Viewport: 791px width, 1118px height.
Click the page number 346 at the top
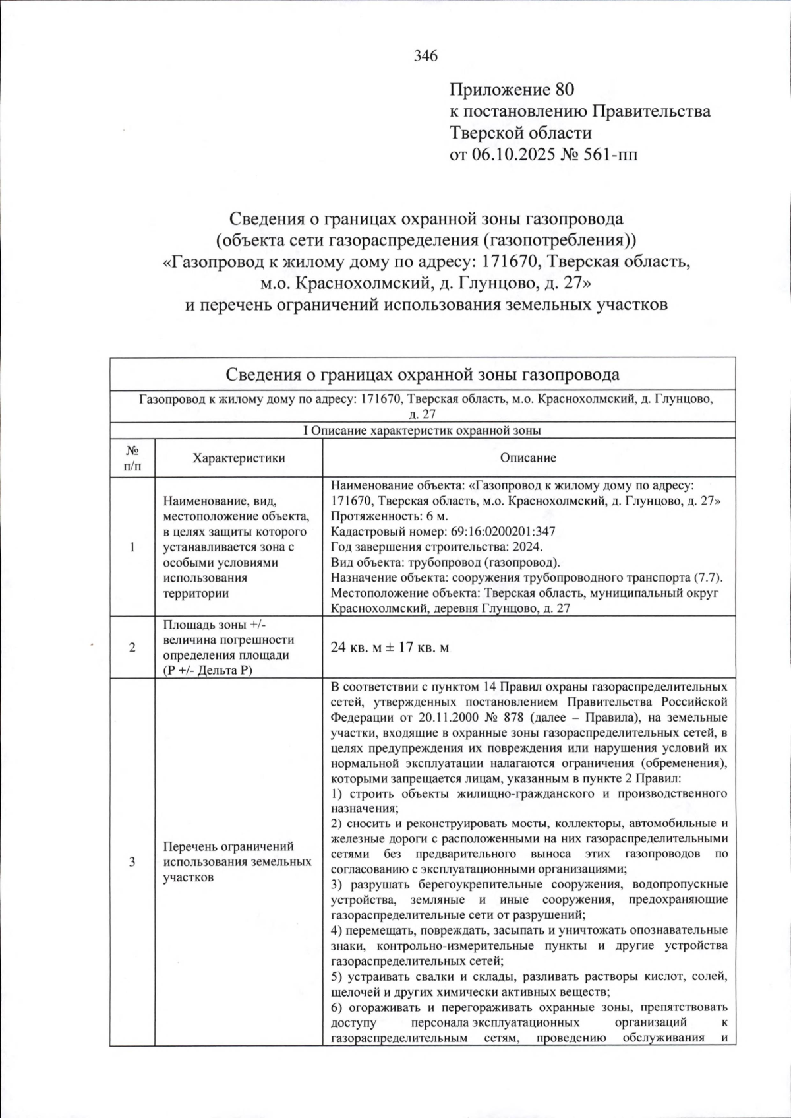click(x=426, y=56)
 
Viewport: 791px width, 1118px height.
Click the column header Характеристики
click(x=239, y=458)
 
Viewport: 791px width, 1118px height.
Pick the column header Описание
click(x=528, y=458)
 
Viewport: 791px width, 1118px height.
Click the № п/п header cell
click(x=132, y=458)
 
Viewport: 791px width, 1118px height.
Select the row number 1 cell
click(x=132, y=547)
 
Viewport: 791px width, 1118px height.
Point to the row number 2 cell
click(x=132, y=648)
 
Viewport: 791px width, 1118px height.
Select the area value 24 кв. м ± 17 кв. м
click(x=390, y=648)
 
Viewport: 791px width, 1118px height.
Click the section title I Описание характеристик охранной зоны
click(x=422, y=431)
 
